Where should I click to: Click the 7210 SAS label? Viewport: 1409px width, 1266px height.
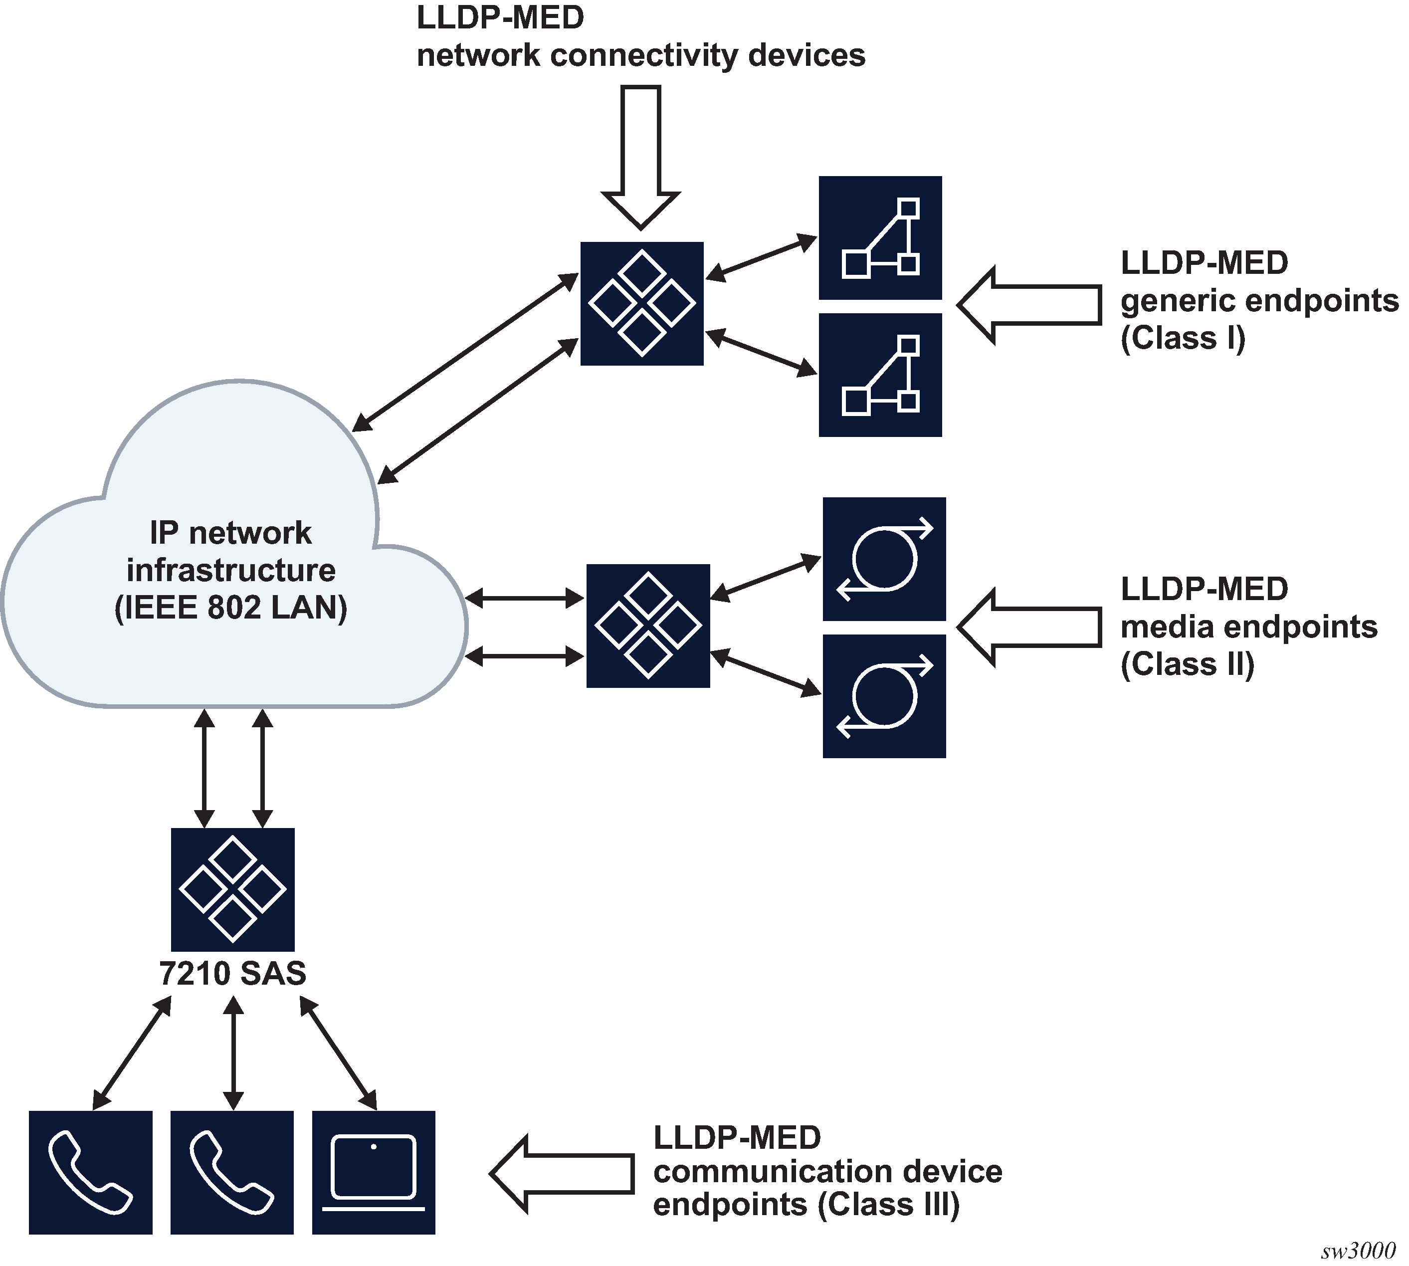click(232, 974)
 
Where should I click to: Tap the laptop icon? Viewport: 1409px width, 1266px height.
click(374, 1173)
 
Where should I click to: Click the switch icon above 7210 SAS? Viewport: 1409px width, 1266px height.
click(232, 890)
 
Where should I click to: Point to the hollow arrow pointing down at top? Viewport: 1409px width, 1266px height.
click(640, 157)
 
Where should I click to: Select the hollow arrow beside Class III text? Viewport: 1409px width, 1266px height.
click(562, 1174)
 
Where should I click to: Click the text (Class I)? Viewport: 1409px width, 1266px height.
click(1182, 339)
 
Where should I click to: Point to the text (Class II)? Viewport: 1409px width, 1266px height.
click(1187, 664)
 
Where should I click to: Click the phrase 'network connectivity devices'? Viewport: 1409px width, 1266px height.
click(640, 56)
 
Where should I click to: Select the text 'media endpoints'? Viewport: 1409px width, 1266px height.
click(1249, 627)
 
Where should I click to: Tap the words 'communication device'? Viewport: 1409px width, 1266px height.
click(827, 1171)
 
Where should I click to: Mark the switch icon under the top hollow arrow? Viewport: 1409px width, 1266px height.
click(641, 303)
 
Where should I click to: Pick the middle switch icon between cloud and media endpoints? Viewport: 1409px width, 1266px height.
click(647, 626)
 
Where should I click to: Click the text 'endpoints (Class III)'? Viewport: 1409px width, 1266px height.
click(806, 1205)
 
